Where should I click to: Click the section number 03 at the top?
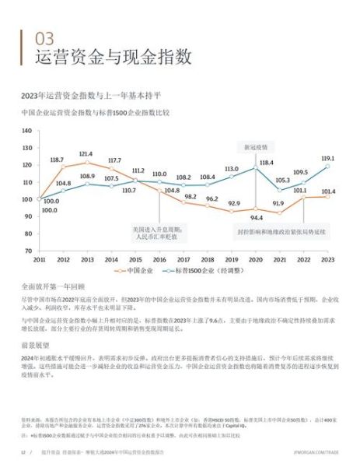pos(46,38)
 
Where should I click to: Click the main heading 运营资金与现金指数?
pos(114,58)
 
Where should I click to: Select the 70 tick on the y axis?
pos(26,251)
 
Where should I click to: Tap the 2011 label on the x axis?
pos(39,258)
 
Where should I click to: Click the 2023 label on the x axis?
pos(328,258)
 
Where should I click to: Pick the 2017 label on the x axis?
pos(183,258)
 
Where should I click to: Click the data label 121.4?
pos(86,153)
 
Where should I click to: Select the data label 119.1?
pos(327,157)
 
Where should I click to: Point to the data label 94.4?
pos(256,218)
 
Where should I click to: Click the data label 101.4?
pos(327,191)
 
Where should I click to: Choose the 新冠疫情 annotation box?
pos(256,146)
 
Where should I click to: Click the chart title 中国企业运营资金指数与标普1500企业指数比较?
pos(107,112)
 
